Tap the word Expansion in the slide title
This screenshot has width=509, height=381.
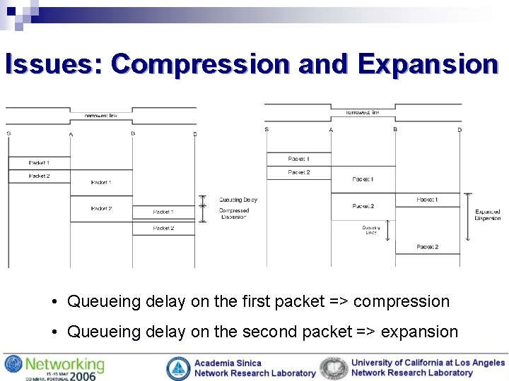tap(428, 64)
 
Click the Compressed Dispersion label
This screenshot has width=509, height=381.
tap(234, 213)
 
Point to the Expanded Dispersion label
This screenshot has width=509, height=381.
tap(488, 215)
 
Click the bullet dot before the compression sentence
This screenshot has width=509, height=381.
tap(54, 303)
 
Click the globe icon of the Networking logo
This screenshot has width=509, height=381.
tap(13, 365)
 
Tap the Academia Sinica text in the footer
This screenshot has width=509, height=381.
tap(228, 363)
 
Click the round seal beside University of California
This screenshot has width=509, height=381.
tap(333, 368)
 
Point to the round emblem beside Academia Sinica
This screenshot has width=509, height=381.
tap(178, 368)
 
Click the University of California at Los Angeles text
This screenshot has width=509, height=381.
tap(428, 363)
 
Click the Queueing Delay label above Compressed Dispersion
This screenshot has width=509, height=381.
tap(238, 200)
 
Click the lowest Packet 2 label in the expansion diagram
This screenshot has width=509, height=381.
tap(427, 247)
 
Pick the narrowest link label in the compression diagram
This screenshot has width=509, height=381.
tap(100, 115)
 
